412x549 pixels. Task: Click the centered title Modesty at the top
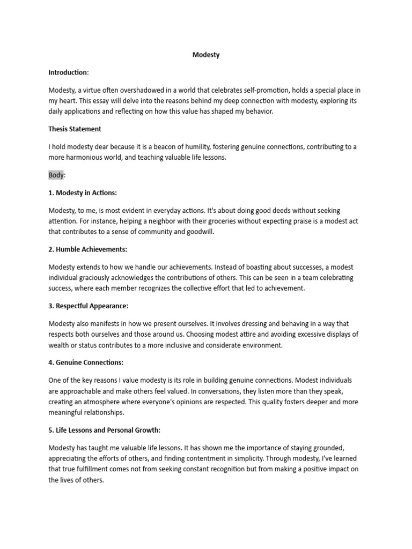point(206,55)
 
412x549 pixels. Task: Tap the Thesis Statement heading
point(75,129)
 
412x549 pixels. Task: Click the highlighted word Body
point(56,175)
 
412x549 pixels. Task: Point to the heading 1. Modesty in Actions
point(82,192)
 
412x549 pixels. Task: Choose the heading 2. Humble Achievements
point(87,249)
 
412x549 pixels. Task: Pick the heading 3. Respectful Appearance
point(89,306)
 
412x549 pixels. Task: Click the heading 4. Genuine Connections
point(86,362)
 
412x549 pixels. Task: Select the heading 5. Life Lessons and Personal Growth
point(105,430)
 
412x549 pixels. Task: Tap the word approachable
point(82,390)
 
